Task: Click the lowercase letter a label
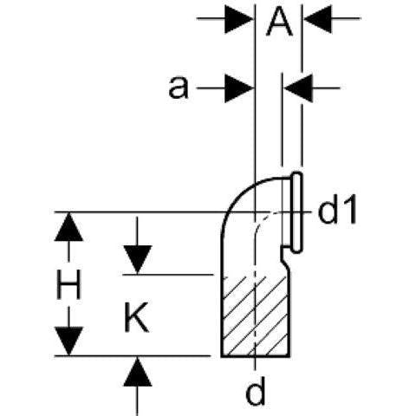click(x=179, y=88)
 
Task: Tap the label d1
click(x=337, y=212)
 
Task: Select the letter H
click(x=68, y=284)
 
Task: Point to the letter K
click(x=136, y=317)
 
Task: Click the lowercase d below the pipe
click(x=256, y=391)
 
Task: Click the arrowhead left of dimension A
click(x=239, y=19)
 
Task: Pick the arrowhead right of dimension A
click(x=318, y=19)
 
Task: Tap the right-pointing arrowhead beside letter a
click(x=239, y=88)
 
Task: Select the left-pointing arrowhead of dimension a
click(x=298, y=88)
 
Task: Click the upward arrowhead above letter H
click(x=68, y=227)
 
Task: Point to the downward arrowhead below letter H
click(x=68, y=341)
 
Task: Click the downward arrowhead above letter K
click(x=138, y=259)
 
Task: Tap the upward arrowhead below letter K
click(x=138, y=372)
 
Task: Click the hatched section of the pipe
click(x=256, y=316)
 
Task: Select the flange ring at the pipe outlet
click(x=296, y=212)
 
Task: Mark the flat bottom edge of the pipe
click(x=256, y=356)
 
